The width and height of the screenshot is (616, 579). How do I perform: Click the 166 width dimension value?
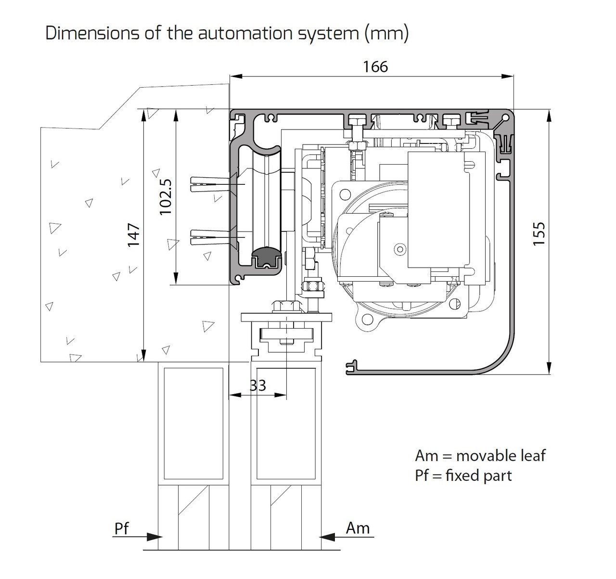click(x=375, y=66)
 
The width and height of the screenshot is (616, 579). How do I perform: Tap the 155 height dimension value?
click(x=539, y=234)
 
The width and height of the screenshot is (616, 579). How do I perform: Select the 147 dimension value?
click(x=133, y=234)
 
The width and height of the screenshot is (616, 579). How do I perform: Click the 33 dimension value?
click(x=257, y=385)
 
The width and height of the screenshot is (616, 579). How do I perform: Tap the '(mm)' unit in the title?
click(x=386, y=33)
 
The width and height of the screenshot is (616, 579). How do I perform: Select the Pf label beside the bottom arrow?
click(x=122, y=528)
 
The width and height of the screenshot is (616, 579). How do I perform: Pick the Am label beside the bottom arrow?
click(x=358, y=528)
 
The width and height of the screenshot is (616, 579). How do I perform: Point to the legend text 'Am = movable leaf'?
click(x=480, y=455)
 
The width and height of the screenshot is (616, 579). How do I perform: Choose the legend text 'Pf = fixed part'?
click(x=463, y=476)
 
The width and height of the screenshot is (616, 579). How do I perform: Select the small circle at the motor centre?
click(x=399, y=249)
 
